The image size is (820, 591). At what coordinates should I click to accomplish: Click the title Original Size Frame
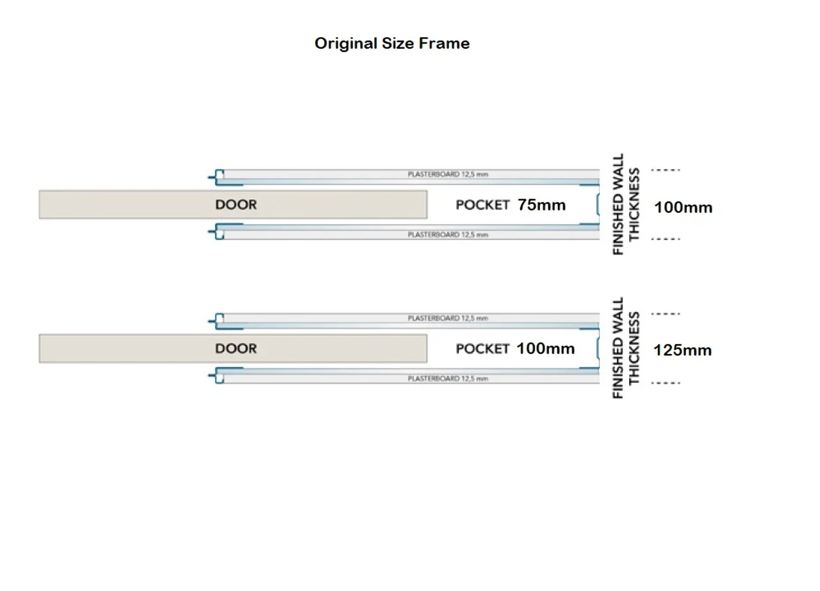click(392, 44)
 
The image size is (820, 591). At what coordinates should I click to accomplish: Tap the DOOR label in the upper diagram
click(236, 204)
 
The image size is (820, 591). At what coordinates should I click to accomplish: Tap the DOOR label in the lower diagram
click(236, 349)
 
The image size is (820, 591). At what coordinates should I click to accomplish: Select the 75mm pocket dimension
click(542, 205)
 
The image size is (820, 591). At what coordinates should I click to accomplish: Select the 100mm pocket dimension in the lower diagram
click(545, 349)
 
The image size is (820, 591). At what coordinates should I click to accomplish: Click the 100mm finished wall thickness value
click(683, 208)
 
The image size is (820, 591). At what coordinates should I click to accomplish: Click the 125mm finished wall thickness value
click(683, 351)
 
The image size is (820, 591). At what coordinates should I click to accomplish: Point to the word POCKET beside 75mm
click(482, 205)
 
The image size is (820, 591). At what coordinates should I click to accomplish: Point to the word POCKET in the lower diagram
click(482, 349)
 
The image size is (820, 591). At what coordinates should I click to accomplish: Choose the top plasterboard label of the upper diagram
click(448, 174)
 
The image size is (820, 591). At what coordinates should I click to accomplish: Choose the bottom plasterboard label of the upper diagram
click(448, 235)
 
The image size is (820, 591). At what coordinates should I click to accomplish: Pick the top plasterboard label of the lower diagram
click(448, 318)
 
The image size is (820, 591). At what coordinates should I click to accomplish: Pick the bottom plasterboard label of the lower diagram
click(448, 379)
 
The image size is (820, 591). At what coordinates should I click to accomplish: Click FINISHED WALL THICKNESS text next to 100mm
click(626, 204)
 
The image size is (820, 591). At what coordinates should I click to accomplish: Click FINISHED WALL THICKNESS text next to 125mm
click(626, 348)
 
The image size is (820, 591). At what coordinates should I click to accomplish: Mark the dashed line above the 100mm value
click(666, 170)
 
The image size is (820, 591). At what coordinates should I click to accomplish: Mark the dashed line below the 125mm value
click(666, 383)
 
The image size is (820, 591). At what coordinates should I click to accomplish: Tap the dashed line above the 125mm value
click(666, 314)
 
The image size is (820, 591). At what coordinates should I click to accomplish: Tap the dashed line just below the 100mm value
click(666, 239)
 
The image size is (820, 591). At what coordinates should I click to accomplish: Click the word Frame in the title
click(445, 44)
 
